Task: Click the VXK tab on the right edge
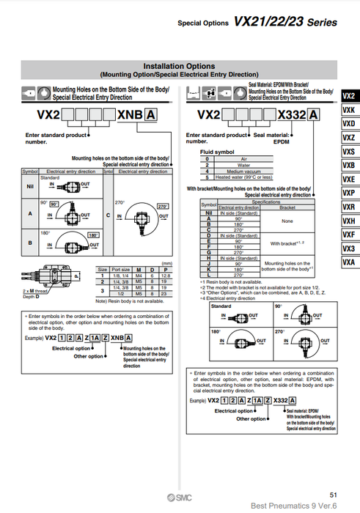348,110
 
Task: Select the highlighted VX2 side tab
348,96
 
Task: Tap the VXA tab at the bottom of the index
348,262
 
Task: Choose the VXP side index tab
348,193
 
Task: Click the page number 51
334,495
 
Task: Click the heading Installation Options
179,66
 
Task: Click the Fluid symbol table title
217,152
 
